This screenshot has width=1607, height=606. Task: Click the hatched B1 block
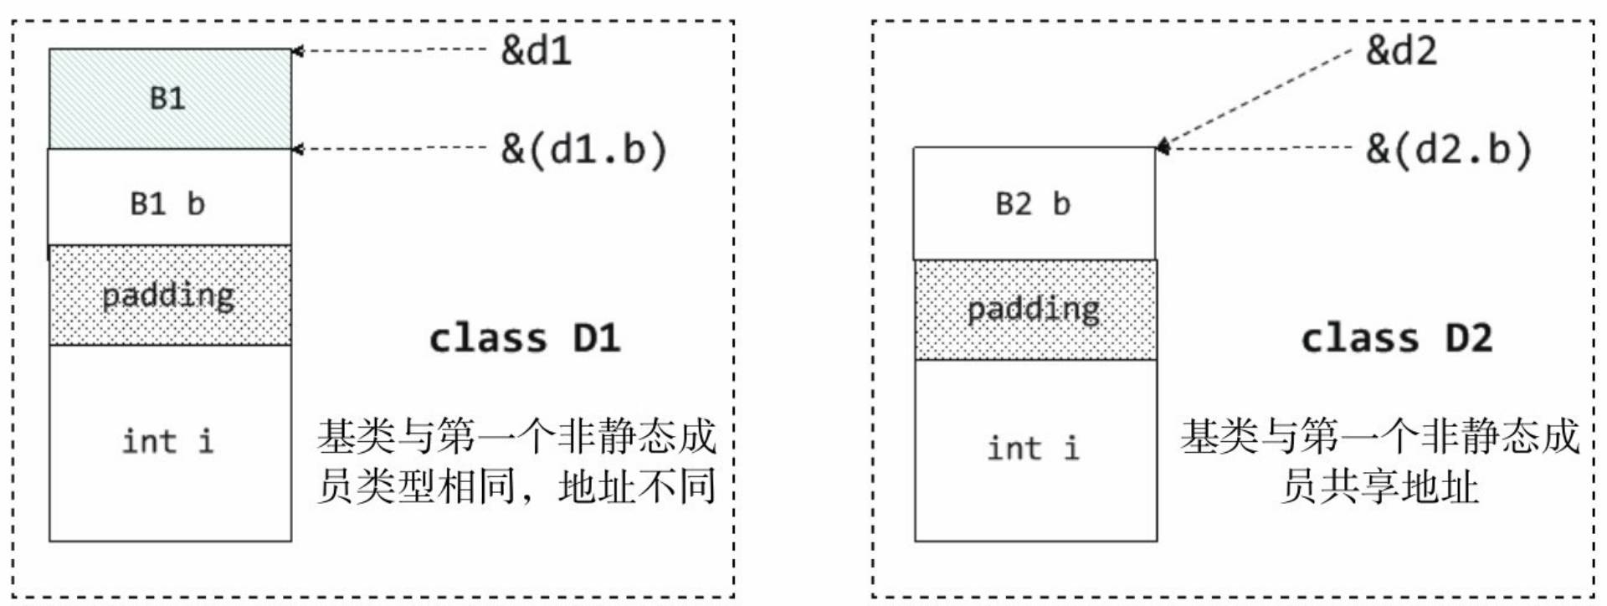[x=170, y=99]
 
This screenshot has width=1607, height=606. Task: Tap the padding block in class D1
[x=170, y=295]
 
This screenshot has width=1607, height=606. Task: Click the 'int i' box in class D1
[x=170, y=443]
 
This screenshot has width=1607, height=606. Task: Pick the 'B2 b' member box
[x=1035, y=203]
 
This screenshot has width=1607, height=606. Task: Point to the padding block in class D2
[x=1035, y=310]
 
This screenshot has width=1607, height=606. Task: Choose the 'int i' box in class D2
[x=1035, y=449]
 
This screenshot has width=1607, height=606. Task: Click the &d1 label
[x=537, y=51]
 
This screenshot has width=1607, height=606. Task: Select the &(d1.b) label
[x=583, y=150]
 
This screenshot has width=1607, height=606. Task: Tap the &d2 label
[x=1401, y=51]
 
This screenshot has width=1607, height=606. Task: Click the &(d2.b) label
[x=1449, y=150]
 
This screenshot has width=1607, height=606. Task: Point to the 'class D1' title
[x=525, y=339]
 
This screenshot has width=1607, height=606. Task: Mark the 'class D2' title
[x=1397, y=339]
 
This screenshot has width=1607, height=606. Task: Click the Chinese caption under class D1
[x=516, y=461]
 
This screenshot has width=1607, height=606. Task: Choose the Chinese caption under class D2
[x=1380, y=461]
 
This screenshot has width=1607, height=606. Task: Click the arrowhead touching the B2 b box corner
[x=1163, y=146]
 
